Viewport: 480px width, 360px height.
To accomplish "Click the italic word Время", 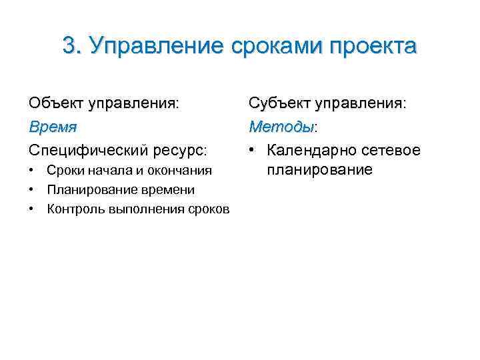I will click(53, 127).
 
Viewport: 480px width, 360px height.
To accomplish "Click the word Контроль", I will click(71, 209).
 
